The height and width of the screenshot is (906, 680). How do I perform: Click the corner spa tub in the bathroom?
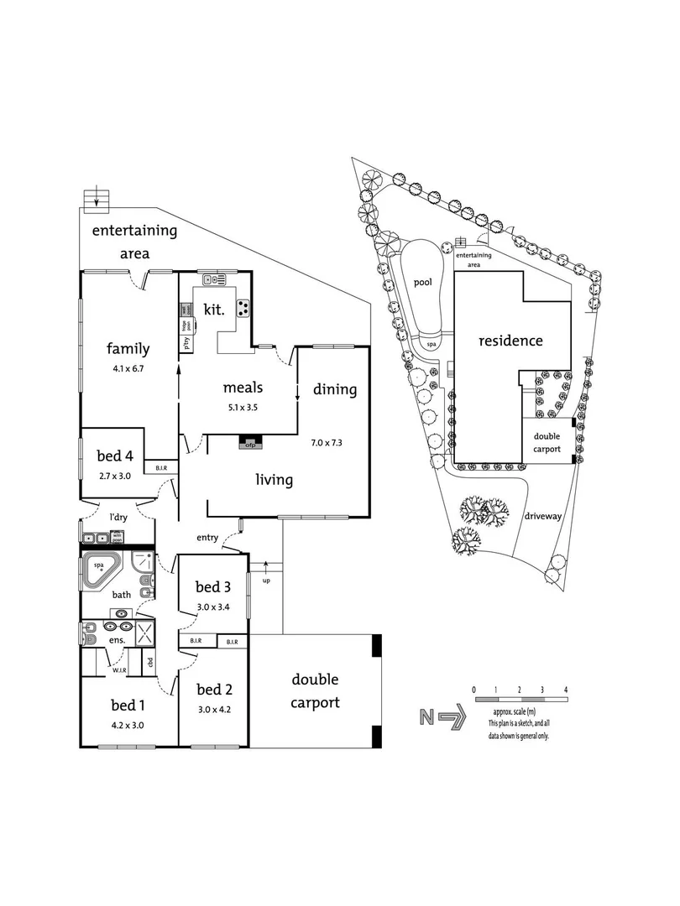(x=101, y=570)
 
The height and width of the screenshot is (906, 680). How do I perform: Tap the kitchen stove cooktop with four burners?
(x=243, y=308)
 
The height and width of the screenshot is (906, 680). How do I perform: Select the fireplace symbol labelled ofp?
(x=250, y=442)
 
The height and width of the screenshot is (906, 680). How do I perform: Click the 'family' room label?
(x=128, y=349)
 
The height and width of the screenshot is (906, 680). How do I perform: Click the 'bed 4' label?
(x=115, y=456)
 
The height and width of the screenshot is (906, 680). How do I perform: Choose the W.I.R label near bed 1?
(x=119, y=669)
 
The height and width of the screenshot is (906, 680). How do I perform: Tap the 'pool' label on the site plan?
(x=422, y=282)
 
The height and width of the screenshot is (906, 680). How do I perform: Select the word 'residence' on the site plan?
(x=510, y=341)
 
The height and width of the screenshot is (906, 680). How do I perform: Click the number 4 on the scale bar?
(x=567, y=690)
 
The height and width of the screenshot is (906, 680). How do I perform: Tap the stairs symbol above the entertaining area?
(x=97, y=199)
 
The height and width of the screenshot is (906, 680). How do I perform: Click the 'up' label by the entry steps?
(x=267, y=581)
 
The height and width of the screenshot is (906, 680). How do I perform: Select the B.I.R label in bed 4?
(x=160, y=468)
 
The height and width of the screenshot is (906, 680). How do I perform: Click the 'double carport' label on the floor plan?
(x=315, y=690)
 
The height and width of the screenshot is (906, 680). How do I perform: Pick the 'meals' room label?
(x=243, y=388)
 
